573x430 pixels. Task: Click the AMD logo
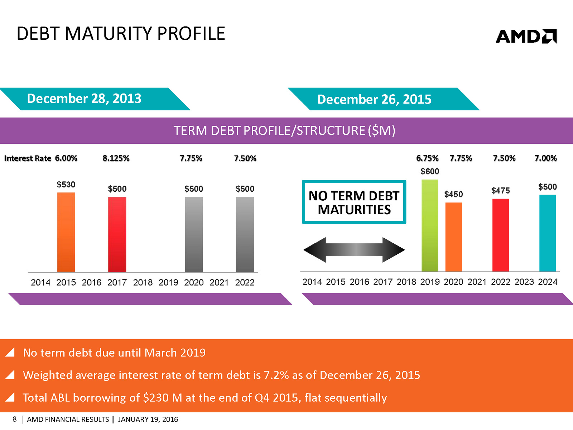pos(526,36)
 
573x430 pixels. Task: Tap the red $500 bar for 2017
pos(117,234)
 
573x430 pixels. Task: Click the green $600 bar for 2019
pos(430,225)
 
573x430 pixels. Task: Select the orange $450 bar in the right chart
pos(453,237)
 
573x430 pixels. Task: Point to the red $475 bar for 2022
pos(500,235)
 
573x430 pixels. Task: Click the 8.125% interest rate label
pos(116,158)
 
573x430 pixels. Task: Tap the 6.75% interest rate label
pos(427,158)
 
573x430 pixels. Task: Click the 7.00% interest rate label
pos(545,158)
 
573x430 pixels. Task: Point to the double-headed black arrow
pos(354,250)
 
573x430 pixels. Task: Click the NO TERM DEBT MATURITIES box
pos(354,202)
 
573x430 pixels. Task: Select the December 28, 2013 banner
pos(85,99)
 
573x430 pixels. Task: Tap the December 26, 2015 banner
pos(374,99)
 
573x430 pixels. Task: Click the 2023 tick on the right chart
pos(524,282)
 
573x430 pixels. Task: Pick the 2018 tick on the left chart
pos(143,283)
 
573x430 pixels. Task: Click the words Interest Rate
pos(28,158)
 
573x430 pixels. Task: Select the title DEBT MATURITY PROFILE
pos(121,34)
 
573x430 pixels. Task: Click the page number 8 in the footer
pos(15,419)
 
